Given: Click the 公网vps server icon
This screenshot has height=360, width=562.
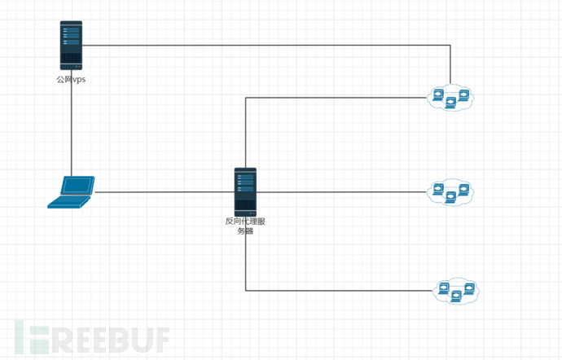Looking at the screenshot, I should click(71, 45).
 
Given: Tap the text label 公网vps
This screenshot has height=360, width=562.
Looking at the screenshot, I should click(71, 79).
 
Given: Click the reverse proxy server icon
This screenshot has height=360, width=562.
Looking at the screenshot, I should click(245, 191).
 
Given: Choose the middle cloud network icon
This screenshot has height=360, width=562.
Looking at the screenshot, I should click(450, 192).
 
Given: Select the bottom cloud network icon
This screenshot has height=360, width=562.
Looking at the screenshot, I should click(456, 291).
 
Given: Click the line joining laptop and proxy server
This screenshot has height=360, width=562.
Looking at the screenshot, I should click(163, 192).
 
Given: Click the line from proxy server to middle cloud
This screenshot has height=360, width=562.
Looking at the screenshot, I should click(342, 192).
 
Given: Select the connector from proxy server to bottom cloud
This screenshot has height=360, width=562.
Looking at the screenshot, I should click(342, 291).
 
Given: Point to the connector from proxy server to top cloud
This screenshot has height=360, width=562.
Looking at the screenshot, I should click(334, 98).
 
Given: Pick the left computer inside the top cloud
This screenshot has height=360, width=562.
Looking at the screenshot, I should click(438, 95).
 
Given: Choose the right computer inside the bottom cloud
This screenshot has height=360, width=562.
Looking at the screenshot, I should click(468, 289).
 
